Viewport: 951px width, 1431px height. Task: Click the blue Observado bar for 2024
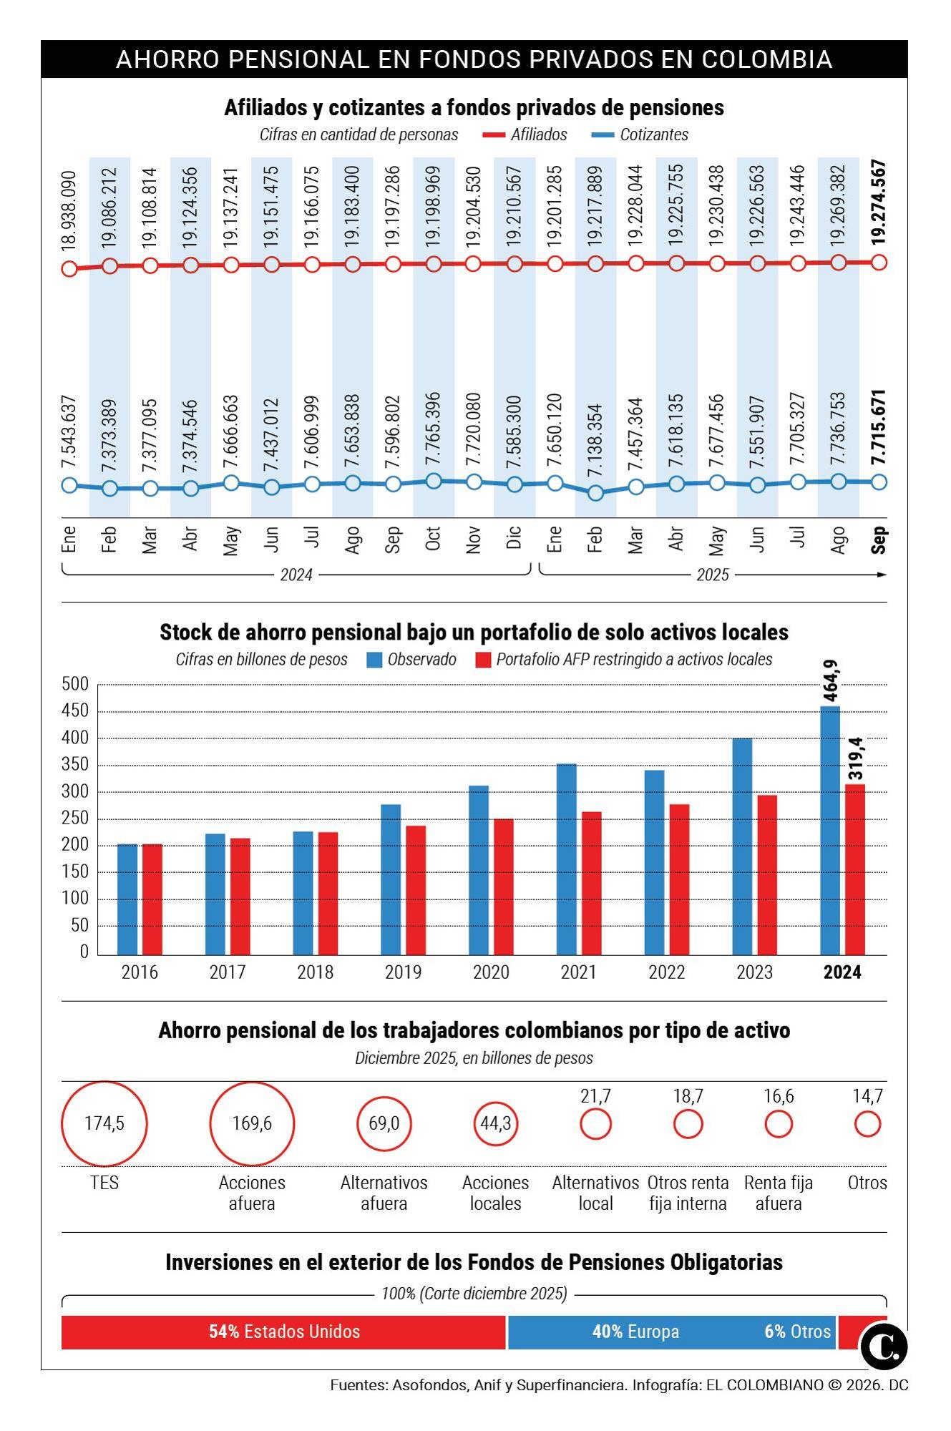point(829,830)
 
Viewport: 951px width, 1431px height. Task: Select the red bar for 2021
point(591,883)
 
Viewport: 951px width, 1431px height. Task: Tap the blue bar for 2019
point(391,879)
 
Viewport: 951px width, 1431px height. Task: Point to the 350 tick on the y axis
point(74,765)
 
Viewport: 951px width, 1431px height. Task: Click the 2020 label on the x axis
point(491,972)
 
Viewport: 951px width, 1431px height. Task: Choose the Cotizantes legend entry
point(653,135)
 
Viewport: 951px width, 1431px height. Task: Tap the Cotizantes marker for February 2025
point(595,492)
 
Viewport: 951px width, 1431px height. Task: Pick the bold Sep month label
point(879,539)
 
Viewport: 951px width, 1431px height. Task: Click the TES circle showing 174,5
point(104,1123)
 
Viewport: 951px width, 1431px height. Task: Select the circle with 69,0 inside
point(384,1123)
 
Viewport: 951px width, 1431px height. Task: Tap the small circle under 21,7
point(595,1124)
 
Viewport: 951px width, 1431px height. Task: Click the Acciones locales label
point(495,1193)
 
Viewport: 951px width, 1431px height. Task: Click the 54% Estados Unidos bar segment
point(284,1332)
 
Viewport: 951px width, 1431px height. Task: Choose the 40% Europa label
point(635,1332)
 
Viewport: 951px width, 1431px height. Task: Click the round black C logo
point(884,1347)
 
